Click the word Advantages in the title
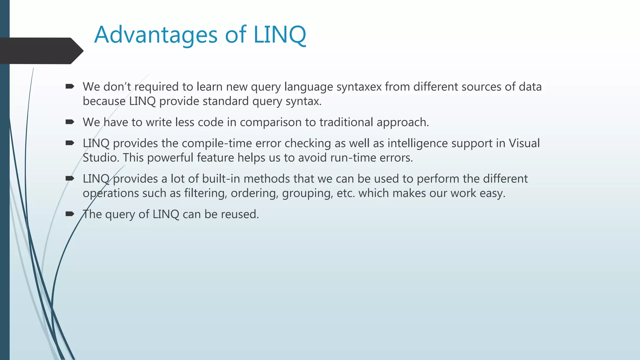click(156, 35)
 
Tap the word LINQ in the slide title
click(279, 35)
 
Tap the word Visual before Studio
click(524, 143)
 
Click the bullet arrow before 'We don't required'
click(69, 87)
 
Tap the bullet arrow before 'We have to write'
click(69, 122)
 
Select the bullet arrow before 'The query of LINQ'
click(69, 214)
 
